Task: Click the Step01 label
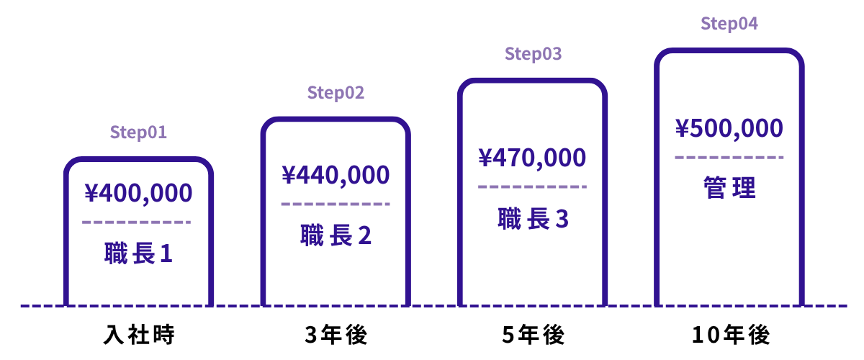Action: (138, 132)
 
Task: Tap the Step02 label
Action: (336, 93)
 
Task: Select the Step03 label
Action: (533, 54)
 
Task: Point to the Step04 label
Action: (729, 24)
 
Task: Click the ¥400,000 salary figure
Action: (138, 193)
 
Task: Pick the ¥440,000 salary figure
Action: (336, 175)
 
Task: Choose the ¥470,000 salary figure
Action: (532, 158)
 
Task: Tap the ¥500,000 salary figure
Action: (729, 128)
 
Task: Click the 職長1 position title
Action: (138, 253)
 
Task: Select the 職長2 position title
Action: (336, 235)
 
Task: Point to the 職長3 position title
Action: (533, 219)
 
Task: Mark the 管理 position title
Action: (729, 187)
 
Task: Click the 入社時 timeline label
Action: (139, 335)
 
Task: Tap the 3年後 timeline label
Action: (336, 335)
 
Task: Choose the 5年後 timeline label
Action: (534, 335)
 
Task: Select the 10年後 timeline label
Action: (731, 335)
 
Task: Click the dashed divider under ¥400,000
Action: (137, 222)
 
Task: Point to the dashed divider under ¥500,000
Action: (729, 158)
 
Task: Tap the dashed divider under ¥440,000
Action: (336, 204)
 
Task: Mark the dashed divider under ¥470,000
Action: (532, 186)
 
